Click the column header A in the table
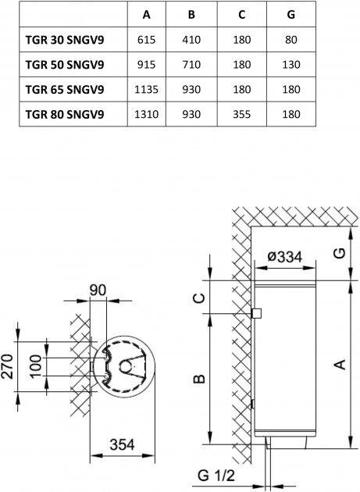[147, 15]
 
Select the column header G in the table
[291, 15]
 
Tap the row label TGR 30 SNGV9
[65, 40]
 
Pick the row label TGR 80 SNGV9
[65, 115]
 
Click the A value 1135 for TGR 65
[146, 90]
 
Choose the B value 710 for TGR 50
[191, 65]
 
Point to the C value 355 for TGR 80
[241, 115]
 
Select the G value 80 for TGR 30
[291, 40]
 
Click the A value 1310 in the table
[146, 115]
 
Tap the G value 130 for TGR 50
[291, 65]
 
